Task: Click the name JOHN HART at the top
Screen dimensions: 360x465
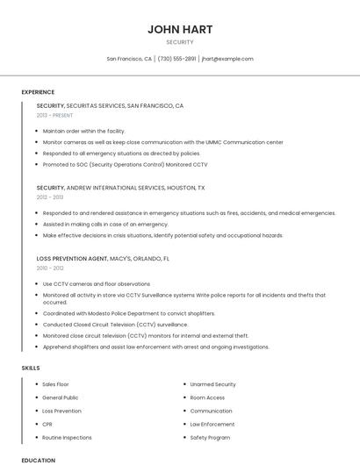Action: pos(180,29)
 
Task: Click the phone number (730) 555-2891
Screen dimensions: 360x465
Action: pos(176,59)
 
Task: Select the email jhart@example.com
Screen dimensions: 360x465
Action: pos(227,59)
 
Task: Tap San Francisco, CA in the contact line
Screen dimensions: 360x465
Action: pos(129,59)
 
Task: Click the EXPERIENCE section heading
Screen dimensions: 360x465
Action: pos(38,92)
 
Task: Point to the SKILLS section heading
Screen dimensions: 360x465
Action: pos(31,368)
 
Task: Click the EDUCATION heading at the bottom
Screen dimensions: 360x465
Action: pos(38,460)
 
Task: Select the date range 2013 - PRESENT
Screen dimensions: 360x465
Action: pos(54,115)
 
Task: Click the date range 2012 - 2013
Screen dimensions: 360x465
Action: pos(50,197)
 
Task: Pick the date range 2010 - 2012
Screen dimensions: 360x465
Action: pos(50,268)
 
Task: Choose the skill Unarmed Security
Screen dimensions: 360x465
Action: pos(212,384)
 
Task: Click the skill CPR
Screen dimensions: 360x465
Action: pos(47,424)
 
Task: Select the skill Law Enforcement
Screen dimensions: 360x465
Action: pos(212,424)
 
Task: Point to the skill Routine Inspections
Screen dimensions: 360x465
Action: pos(67,437)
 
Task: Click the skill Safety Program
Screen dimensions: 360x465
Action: pos(210,437)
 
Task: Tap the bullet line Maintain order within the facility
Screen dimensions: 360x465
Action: pos(90,131)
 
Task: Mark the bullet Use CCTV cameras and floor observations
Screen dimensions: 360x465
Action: pos(96,284)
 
